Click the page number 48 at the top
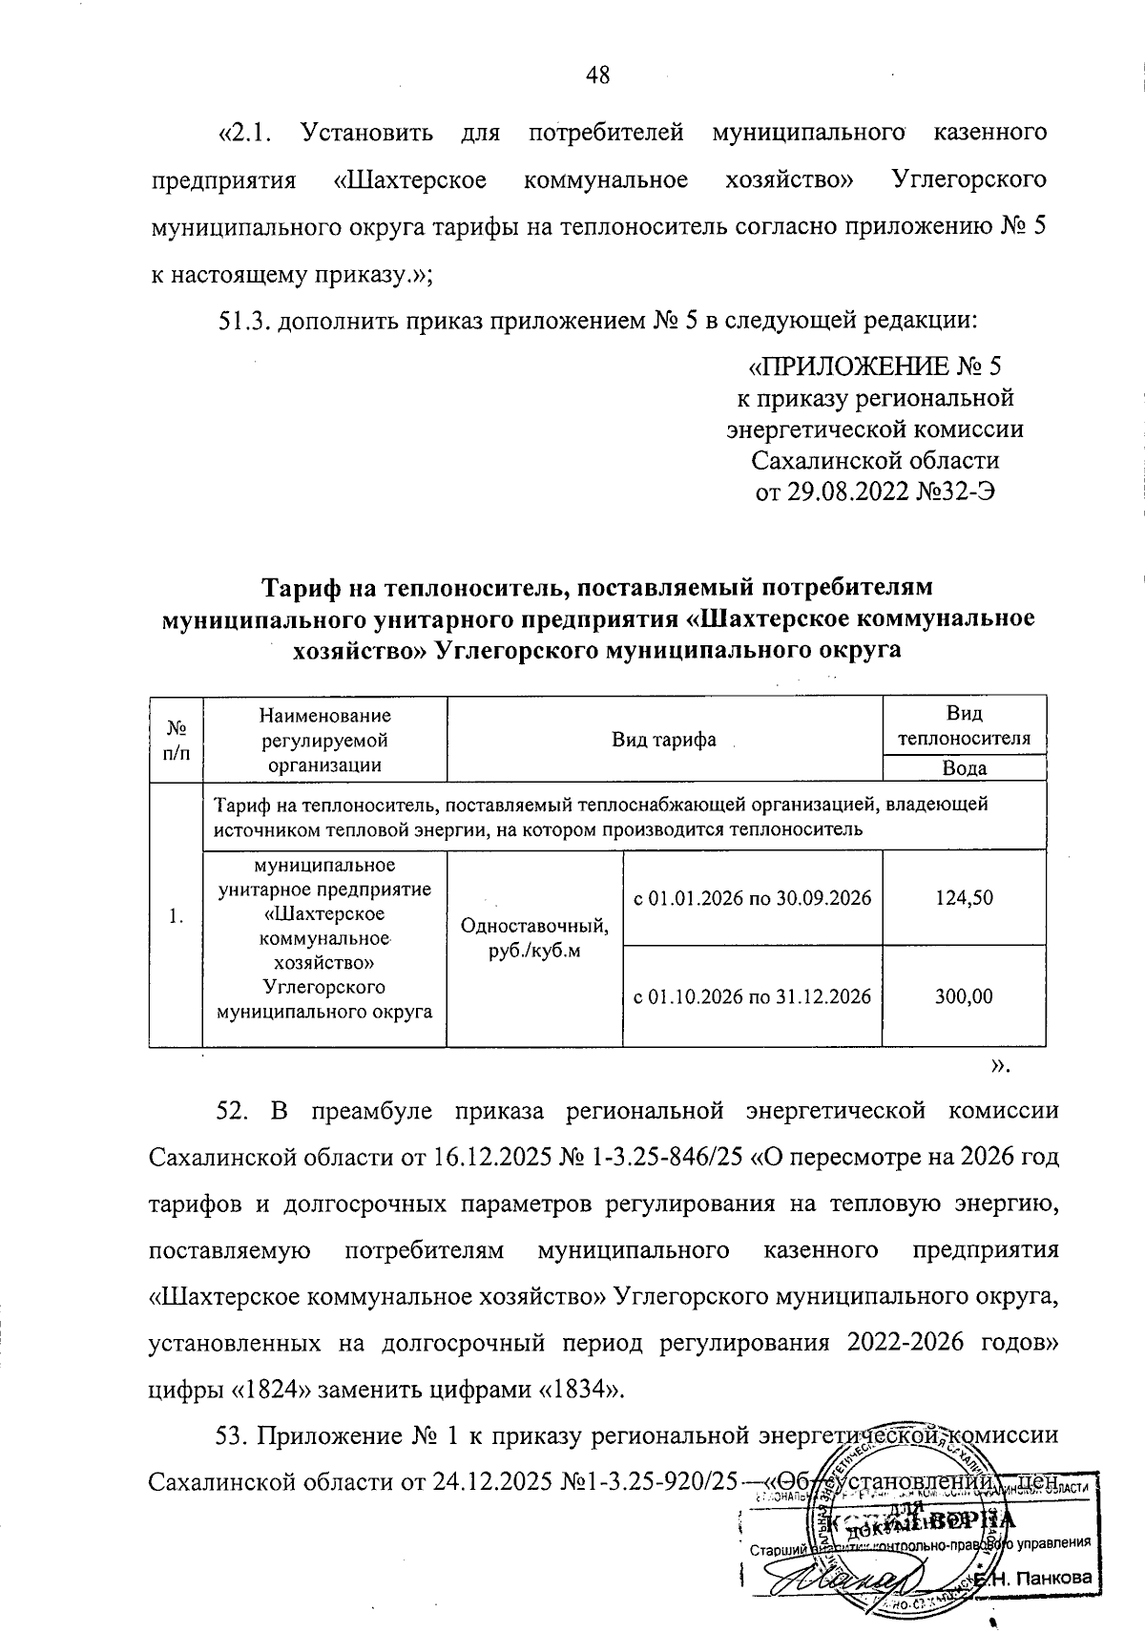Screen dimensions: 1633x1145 598,75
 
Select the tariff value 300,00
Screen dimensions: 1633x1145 964,996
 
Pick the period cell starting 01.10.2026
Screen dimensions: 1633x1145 753,996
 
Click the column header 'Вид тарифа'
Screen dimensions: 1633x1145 664,740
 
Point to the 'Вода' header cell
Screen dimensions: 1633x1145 964,768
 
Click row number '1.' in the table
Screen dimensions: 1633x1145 176,916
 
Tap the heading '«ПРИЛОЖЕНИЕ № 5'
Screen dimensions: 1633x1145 873,366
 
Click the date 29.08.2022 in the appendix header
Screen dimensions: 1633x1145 840,491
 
